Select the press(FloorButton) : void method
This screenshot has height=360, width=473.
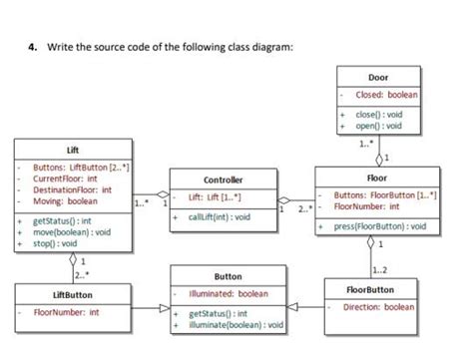393,228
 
